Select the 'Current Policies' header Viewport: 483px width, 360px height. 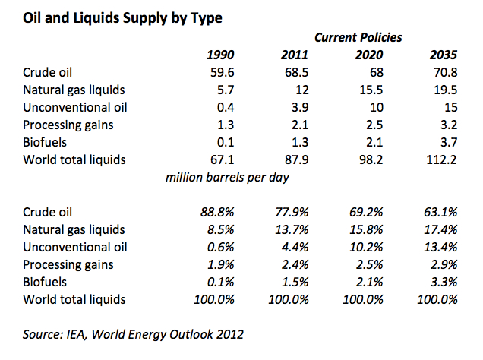pos(358,36)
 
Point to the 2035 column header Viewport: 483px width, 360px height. pos(444,55)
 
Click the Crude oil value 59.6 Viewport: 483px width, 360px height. pos(220,74)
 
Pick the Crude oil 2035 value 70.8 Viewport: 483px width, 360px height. pos(444,74)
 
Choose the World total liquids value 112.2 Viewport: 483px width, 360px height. pos(440,159)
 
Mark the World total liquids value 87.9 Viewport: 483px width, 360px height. pos(292,159)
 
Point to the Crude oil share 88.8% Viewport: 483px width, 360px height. pos(216,213)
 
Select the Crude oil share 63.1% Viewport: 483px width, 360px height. pos(440,213)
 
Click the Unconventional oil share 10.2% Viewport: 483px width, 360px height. pos(365,247)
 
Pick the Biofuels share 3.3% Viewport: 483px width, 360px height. pos(444,282)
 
